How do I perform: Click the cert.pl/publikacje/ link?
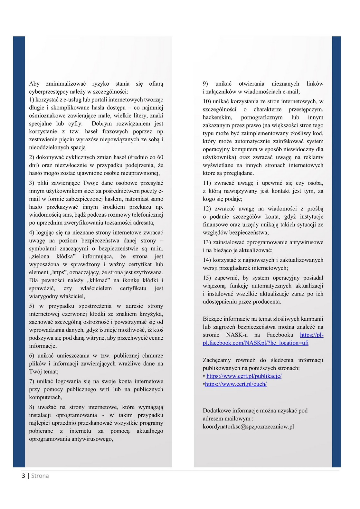pos(244,376)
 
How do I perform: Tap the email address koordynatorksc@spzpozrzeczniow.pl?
pos(248,427)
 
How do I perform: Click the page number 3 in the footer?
pos(23,476)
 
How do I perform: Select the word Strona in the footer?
pos(40,476)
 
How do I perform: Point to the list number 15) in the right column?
pos(207,278)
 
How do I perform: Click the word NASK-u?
pos(237,335)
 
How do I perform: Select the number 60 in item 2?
pos(160,157)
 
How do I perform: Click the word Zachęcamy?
pos(216,360)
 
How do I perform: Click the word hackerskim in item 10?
pos(217,118)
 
